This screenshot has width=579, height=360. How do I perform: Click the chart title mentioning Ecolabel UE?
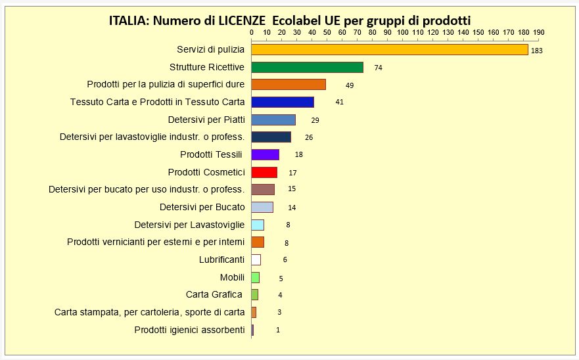click(290, 20)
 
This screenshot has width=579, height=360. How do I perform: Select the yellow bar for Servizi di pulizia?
click(389, 49)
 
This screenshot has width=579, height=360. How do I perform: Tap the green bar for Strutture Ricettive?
click(307, 67)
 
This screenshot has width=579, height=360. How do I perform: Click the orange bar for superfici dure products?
click(289, 84)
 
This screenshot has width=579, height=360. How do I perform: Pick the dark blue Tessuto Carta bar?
click(283, 102)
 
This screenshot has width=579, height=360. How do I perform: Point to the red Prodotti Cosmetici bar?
click(264, 172)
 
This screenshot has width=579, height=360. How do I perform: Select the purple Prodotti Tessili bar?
click(265, 154)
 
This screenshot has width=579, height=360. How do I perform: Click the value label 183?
click(536, 51)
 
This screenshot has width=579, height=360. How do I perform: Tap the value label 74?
click(378, 68)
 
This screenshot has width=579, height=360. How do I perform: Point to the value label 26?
click(309, 137)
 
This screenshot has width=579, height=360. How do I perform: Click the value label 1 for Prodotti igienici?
click(278, 330)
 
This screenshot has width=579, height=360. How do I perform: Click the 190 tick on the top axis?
click(538, 32)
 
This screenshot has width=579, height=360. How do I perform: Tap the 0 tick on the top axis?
click(252, 32)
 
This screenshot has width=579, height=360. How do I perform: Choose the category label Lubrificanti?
click(221, 259)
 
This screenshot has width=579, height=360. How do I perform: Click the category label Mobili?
click(232, 277)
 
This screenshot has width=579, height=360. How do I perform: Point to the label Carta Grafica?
click(214, 294)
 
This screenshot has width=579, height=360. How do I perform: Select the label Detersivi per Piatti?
click(206, 120)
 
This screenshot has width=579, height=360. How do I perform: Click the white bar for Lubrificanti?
click(256, 259)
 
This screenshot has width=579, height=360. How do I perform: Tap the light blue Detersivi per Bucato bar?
click(262, 207)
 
